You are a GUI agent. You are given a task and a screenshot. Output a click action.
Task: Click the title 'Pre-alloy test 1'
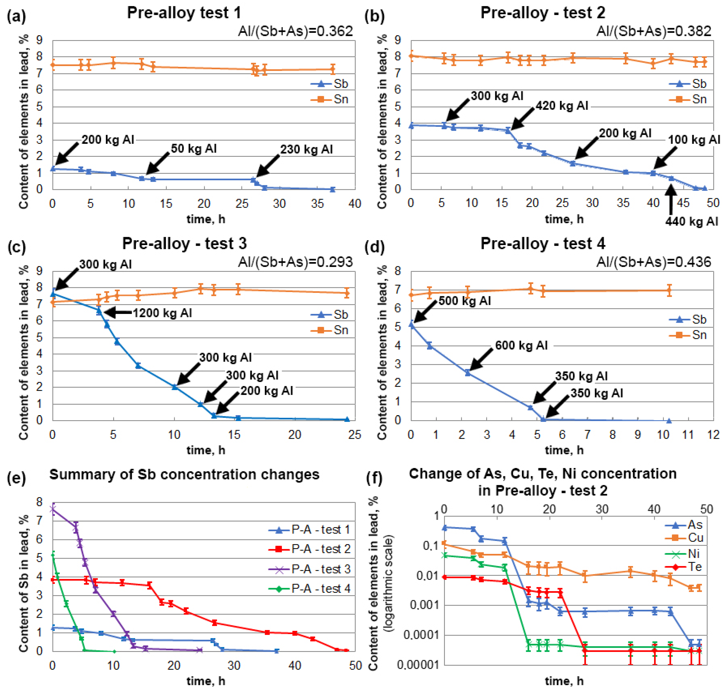[184, 13]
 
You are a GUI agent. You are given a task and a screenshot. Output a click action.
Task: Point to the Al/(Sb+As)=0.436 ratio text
[654, 262]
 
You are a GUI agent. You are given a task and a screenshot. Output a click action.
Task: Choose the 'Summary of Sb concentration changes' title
[184, 474]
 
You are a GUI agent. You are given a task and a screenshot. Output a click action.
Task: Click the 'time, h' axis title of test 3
[206, 450]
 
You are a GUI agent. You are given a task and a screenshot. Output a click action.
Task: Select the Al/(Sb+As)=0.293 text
[295, 262]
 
